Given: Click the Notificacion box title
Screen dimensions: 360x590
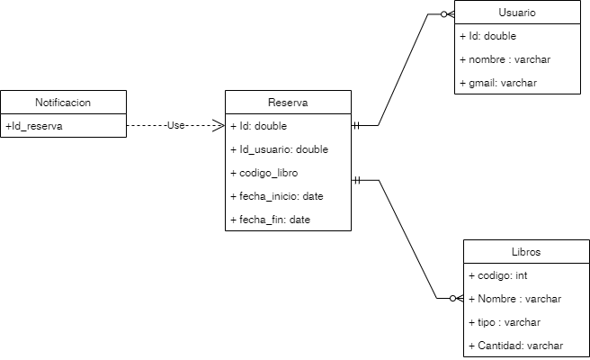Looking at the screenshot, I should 63,102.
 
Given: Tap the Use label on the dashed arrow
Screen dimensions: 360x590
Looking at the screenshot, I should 175,126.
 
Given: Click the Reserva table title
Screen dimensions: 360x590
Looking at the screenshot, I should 287,102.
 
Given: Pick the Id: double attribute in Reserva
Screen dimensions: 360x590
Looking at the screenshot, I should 258,126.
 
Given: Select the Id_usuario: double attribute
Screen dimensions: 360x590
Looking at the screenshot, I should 279,149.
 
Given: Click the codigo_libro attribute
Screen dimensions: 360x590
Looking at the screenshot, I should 264,173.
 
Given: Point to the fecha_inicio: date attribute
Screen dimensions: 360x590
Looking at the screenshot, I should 276,196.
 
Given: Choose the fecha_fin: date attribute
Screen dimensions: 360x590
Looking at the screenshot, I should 270,220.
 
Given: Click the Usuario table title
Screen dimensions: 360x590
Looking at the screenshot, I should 517,13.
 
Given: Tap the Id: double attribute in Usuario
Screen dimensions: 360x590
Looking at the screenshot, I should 487,37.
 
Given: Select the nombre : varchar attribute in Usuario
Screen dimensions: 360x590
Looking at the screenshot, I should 504,60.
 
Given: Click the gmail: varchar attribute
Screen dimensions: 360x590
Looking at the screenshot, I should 498,84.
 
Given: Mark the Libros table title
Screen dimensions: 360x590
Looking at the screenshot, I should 526,252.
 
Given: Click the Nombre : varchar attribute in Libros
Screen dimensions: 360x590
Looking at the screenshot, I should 515,299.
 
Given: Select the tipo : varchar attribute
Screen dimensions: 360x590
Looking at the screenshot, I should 505,322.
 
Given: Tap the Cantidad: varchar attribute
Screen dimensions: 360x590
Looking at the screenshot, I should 516,346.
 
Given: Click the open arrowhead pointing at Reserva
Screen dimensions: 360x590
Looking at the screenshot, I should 218,126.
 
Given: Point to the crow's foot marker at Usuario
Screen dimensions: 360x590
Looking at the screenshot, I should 446,13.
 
